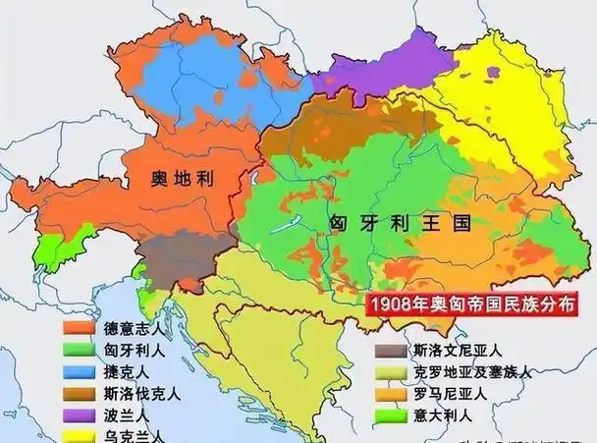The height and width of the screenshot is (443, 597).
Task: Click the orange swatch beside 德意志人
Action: coord(80,326)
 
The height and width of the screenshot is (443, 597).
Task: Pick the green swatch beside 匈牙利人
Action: coord(80,349)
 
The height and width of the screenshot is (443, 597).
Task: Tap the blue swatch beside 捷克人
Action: coord(80,371)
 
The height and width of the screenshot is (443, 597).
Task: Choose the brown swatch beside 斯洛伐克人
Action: coord(80,394)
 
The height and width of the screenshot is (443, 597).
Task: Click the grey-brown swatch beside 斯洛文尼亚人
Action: coord(390,349)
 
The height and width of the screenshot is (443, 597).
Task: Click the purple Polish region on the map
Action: coord(378,69)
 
